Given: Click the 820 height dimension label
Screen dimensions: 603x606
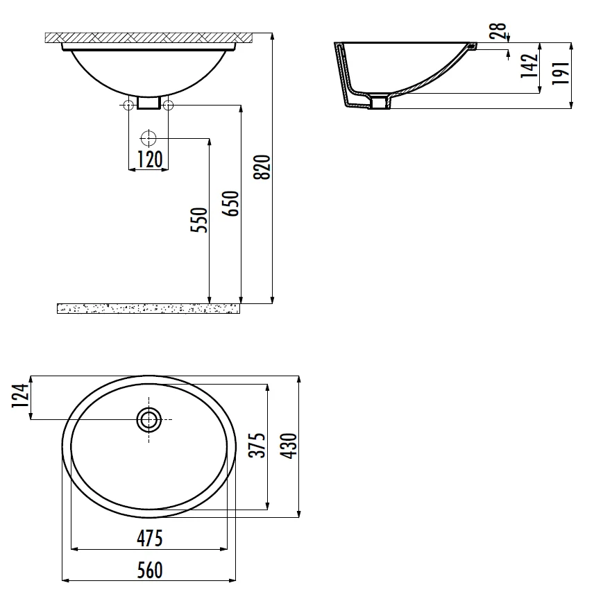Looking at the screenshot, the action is pyautogui.click(x=262, y=167).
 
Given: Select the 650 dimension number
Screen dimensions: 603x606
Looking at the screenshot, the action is pyautogui.click(x=230, y=203).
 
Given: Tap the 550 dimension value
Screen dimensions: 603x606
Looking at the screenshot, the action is pyautogui.click(x=199, y=220).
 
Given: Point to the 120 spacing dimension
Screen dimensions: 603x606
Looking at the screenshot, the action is pyautogui.click(x=150, y=159).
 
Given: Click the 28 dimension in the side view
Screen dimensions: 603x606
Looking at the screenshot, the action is pyautogui.click(x=498, y=31).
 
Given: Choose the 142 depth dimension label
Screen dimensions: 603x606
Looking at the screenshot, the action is pyautogui.click(x=529, y=66).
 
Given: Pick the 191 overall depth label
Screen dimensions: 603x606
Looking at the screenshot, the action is pyautogui.click(x=561, y=73).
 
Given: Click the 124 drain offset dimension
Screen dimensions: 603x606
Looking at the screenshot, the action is pyautogui.click(x=20, y=396).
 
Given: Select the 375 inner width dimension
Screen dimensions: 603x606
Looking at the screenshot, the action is pyautogui.click(x=257, y=445).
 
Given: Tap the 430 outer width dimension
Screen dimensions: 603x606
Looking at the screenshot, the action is pyautogui.click(x=289, y=446).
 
